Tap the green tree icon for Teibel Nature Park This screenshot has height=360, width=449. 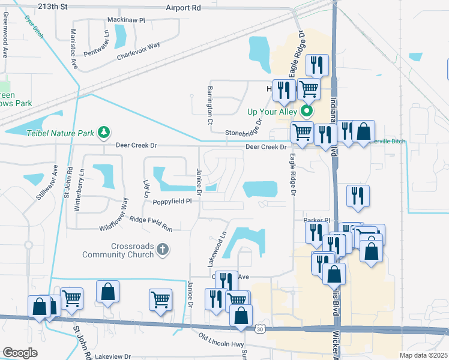104,131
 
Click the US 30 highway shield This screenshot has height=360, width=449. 259,329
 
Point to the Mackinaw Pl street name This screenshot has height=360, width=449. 126,20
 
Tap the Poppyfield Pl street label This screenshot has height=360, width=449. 171,202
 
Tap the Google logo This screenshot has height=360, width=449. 19,353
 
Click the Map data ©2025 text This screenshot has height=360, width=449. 423,355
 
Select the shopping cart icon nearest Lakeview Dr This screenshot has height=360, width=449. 71,297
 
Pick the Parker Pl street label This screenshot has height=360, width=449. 317,220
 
